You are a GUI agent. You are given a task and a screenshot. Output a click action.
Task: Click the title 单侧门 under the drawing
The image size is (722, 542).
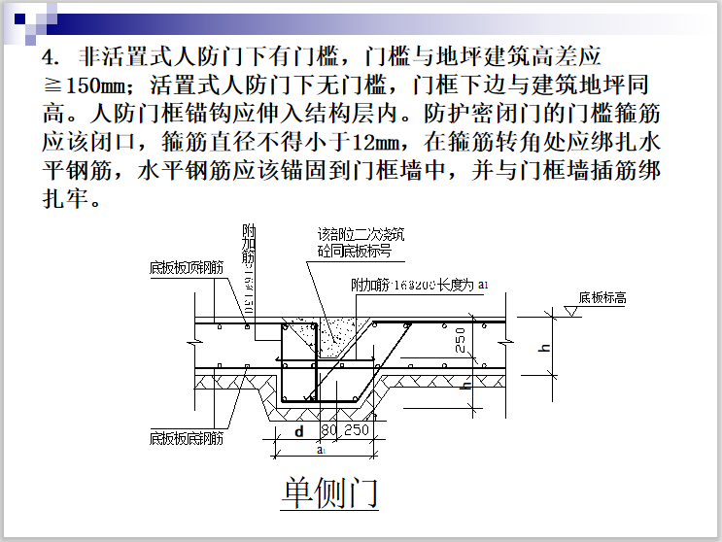329,492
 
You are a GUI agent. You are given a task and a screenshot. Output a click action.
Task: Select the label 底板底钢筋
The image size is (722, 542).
187,437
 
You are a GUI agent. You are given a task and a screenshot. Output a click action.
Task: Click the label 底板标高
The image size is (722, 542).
602,298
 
